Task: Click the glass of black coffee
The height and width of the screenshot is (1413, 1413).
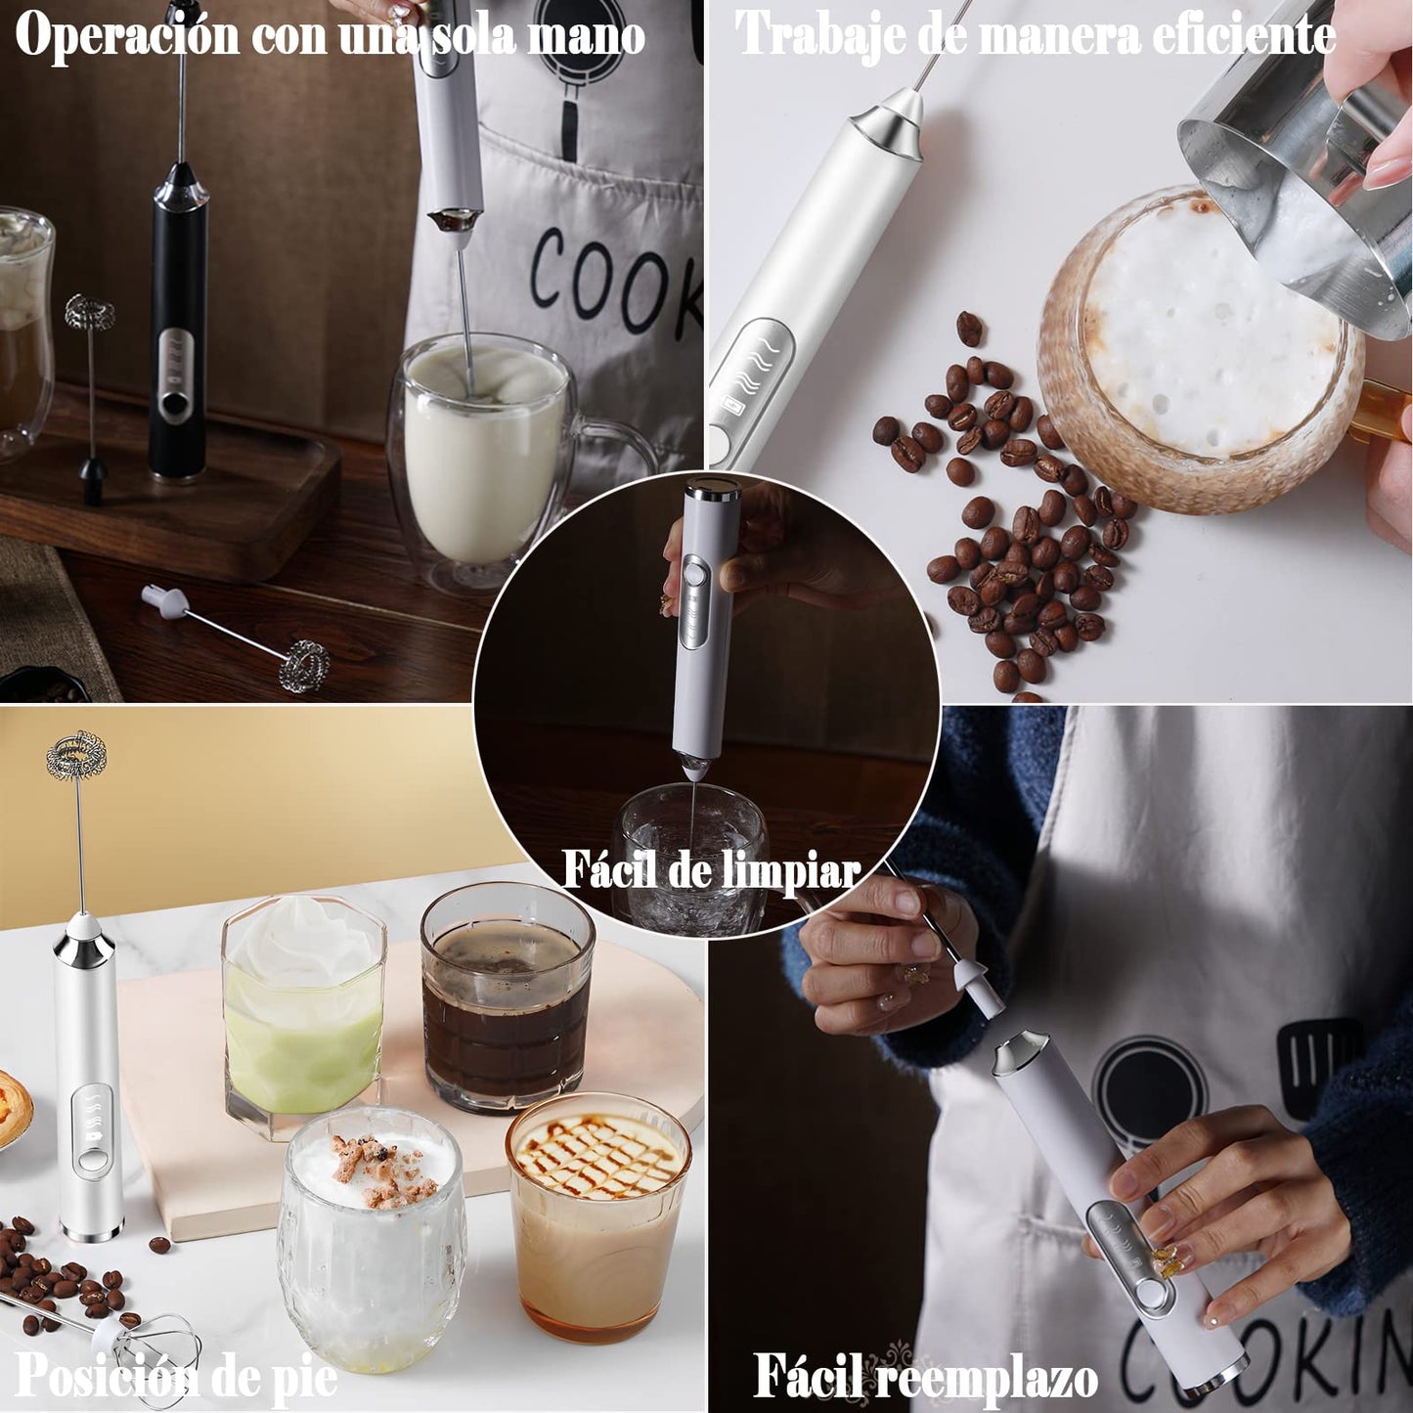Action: [x=508, y=997]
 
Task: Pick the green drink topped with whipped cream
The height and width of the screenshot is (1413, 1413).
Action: [x=303, y=1016]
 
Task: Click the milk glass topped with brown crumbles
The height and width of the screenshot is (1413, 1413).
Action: [x=372, y=1239]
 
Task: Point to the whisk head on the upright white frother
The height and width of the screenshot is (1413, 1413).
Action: [x=76, y=755]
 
